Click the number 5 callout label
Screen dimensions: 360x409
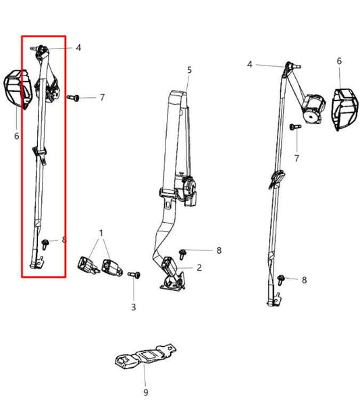click(189, 70)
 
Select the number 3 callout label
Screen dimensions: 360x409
click(134, 307)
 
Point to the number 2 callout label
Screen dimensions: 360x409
click(199, 267)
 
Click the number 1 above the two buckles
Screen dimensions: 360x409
click(101, 233)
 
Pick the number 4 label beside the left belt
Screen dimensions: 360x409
click(78, 48)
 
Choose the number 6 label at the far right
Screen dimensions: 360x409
click(339, 61)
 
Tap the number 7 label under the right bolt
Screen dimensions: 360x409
click(297, 159)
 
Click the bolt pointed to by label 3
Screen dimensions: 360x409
click(134, 275)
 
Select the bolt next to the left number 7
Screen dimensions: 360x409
click(73, 98)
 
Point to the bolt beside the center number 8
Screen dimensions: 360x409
click(182, 254)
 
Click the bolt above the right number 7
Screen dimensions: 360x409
click(295, 127)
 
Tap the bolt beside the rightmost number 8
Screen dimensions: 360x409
click(281, 280)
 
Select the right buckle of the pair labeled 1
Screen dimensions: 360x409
click(111, 267)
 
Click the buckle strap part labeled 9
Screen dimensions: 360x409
click(145, 356)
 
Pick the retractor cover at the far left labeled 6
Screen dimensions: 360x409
click(18, 88)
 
